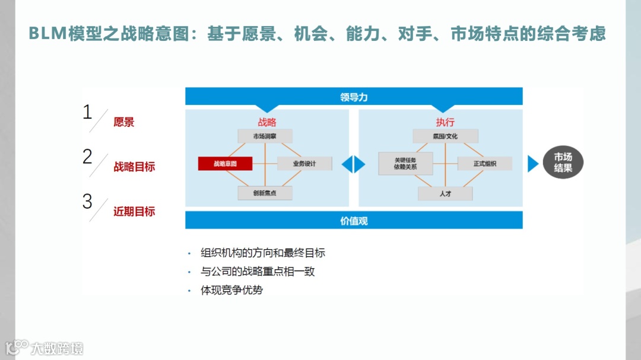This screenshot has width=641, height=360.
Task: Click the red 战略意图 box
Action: point(226,164)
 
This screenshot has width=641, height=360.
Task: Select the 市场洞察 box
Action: point(265,136)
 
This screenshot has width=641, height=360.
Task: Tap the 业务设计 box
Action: point(304,164)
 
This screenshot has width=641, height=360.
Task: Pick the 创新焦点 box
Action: point(265,193)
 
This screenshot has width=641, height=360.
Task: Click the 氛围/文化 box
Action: point(445,136)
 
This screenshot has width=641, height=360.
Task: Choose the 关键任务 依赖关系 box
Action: point(405,164)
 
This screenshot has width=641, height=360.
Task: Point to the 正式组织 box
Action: point(484,164)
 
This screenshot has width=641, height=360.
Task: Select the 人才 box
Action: point(445,193)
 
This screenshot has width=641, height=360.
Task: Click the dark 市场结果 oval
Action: point(563,163)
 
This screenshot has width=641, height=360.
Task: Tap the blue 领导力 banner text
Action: point(354,97)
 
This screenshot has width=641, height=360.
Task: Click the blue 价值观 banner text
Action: point(354,221)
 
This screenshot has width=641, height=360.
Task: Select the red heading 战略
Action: point(266,122)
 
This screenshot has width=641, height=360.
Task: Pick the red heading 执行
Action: point(445,122)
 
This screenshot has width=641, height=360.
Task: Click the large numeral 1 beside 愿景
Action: point(87,112)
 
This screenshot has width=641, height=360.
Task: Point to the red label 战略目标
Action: point(134,167)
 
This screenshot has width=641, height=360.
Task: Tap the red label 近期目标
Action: point(134,212)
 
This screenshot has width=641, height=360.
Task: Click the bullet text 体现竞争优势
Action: point(231,291)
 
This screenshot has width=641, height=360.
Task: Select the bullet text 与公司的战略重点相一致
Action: point(258,272)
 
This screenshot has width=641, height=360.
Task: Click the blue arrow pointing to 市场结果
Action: point(532,164)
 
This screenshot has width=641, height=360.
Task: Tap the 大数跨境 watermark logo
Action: point(45,348)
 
